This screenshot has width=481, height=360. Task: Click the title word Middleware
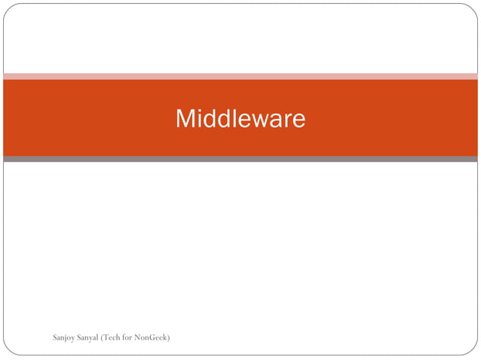pos(240,119)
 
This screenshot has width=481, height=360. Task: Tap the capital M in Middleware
pos(185,119)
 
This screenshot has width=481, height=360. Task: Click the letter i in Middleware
pos(199,119)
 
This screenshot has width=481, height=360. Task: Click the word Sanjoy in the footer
pos(64,337)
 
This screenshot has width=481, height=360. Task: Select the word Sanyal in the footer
pos(89,337)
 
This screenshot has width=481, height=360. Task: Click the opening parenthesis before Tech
pos(103,336)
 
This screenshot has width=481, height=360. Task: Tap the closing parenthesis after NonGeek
pos(168,336)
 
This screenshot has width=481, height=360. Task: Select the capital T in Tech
pos(106,336)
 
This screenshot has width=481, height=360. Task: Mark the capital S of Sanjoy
pos(55,336)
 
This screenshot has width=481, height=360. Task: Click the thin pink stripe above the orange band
pos(240,76)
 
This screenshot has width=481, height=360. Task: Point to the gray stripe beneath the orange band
pos(240,159)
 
